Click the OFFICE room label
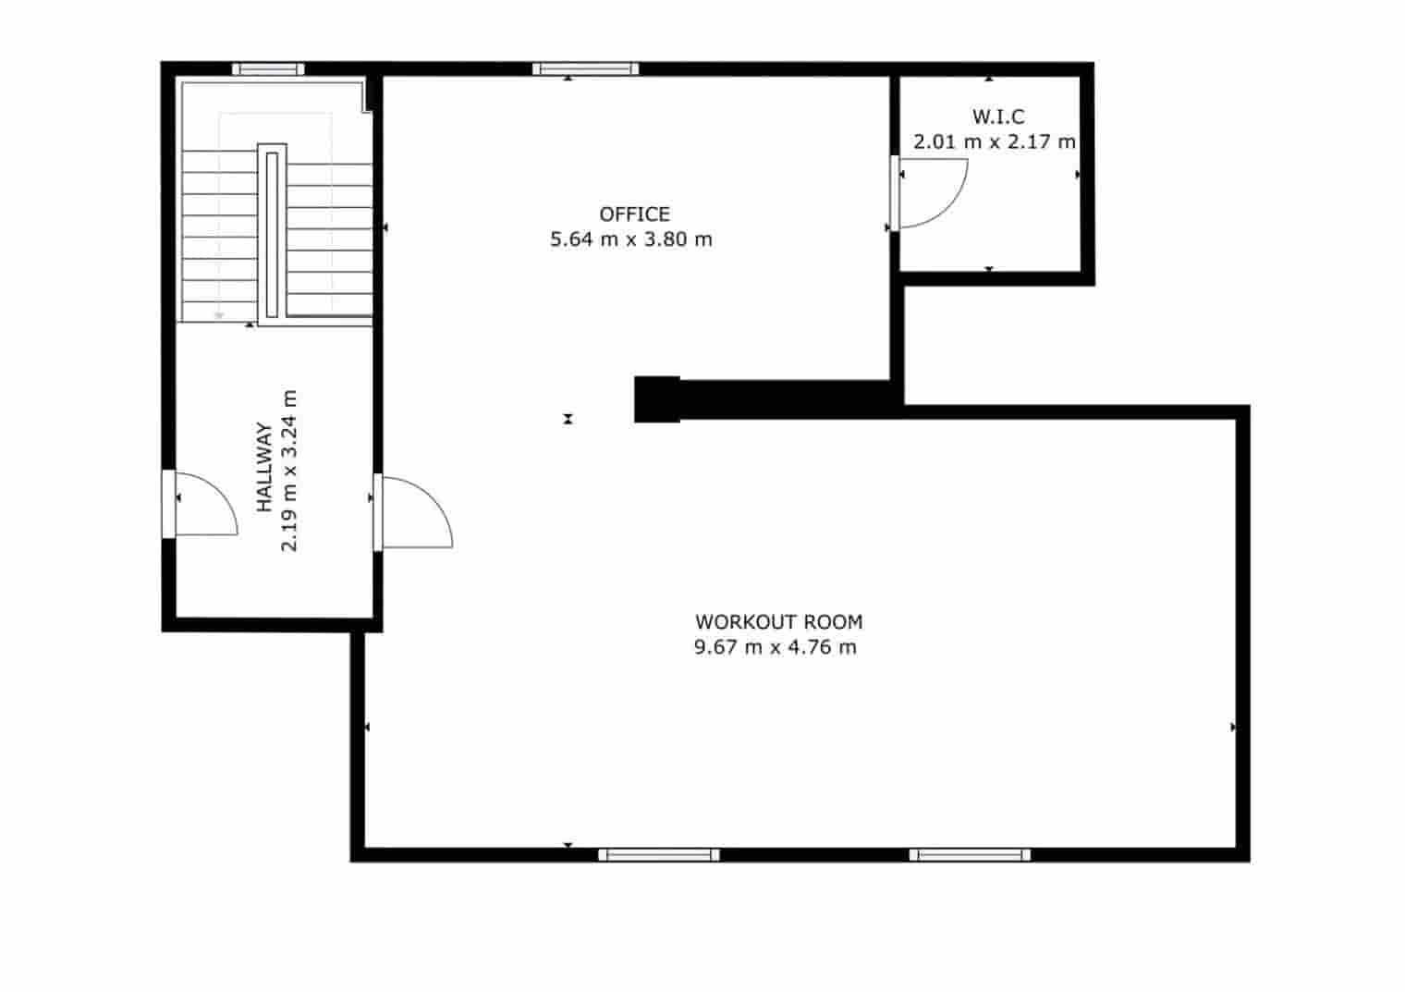634,214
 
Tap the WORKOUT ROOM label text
778,622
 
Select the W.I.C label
997,117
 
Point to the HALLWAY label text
264,467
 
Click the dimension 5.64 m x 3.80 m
631,239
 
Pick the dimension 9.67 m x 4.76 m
775,647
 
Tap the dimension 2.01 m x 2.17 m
995,142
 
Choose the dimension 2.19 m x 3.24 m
289,470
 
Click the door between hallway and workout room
414,511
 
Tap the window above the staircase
267,68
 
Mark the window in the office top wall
585,68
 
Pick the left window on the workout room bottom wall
658,855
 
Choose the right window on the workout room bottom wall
970,855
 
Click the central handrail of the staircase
272,234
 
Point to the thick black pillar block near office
657,399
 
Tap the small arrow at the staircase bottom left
219,315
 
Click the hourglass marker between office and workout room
568,419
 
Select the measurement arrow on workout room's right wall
1233,728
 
